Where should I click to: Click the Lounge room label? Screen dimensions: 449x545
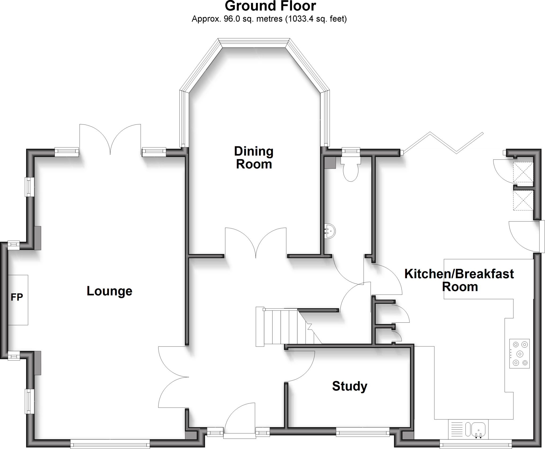(x=109, y=291)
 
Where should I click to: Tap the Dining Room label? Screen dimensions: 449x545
(x=254, y=158)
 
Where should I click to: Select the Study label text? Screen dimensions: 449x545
(x=349, y=386)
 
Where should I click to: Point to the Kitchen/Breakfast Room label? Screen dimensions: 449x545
(x=459, y=280)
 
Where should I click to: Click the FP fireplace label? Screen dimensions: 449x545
(x=17, y=297)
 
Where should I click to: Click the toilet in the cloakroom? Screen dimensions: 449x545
(x=350, y=170)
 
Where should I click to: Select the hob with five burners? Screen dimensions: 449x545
(x=519, y=354)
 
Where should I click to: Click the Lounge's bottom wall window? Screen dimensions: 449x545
(x=110, y=443)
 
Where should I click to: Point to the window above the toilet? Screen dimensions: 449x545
(x=351, y=152)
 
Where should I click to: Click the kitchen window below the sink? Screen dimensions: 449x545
(x=476, y=443)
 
